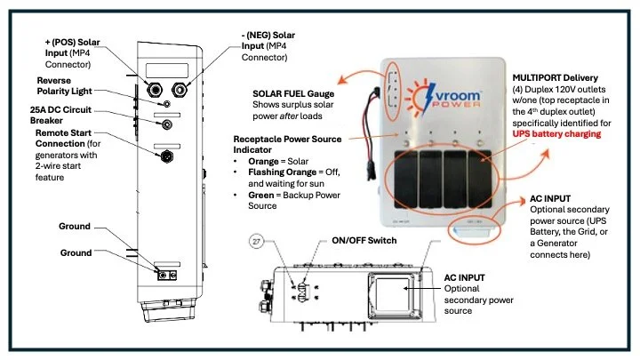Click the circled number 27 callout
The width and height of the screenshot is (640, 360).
click(258, 242)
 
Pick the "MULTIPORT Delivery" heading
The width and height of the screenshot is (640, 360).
click(556, 77)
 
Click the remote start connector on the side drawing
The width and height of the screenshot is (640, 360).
click(164, 157)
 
